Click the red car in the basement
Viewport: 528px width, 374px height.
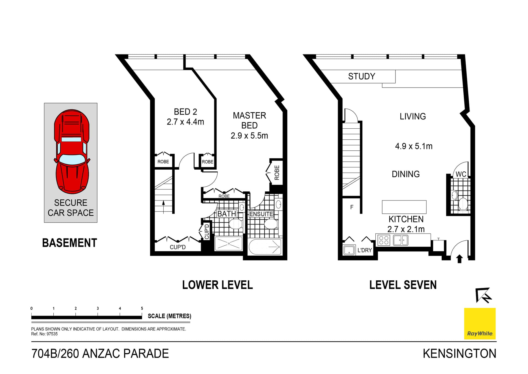[72, 151]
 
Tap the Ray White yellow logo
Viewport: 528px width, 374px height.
[480, 323]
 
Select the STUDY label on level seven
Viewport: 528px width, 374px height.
[361, 76]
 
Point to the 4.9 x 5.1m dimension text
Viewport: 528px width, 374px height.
[414, 146]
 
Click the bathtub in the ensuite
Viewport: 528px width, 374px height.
[265, 247]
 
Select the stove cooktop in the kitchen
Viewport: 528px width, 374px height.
[384, 240]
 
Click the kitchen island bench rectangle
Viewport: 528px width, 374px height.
[404, 207]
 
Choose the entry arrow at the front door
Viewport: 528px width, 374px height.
[460, 259]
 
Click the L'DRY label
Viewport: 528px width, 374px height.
[364, 250]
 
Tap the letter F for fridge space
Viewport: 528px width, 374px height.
[352, 207]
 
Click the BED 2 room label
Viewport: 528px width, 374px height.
[185, 112]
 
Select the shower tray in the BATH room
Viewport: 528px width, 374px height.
[229, 244]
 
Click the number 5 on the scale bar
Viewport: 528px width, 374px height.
[142, 308]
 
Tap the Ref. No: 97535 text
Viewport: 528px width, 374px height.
[45, 334]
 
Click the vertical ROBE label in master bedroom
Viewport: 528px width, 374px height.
[277, 173]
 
